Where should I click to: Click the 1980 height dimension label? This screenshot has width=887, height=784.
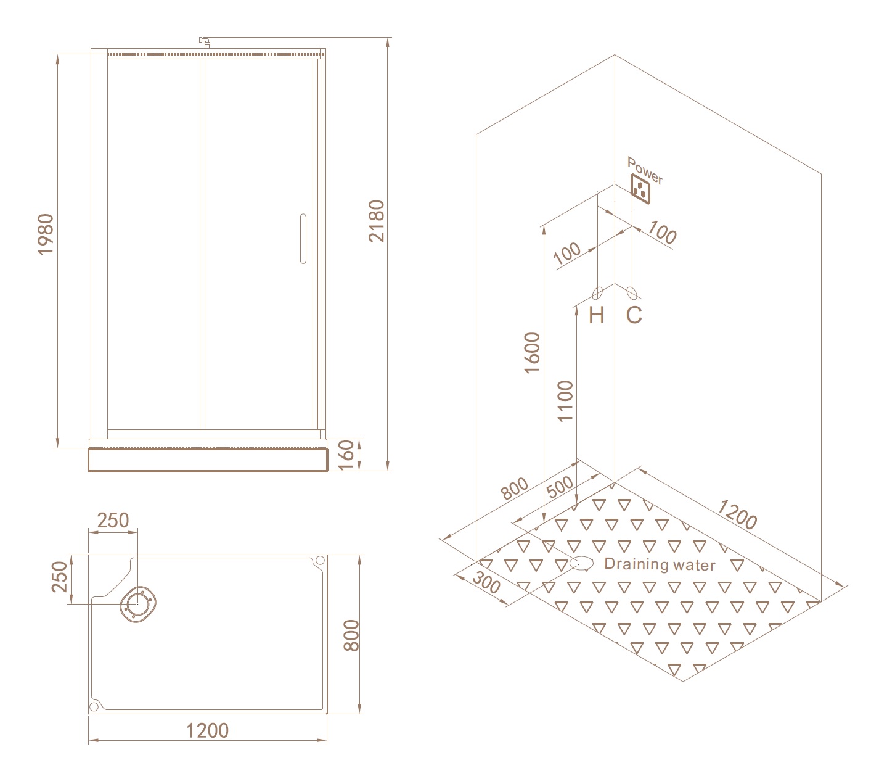tap(46, 234)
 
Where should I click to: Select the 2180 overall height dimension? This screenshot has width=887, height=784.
tap(376, 221)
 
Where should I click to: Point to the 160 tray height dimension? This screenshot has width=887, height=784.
tap(346, 455)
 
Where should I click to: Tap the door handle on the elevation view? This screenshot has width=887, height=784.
tap(303, 239)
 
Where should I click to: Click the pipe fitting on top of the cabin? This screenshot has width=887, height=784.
tap(205, 42)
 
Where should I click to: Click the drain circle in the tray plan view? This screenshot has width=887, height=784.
tap(138, 604)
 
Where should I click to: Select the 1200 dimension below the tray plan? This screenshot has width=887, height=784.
tap(208, 730)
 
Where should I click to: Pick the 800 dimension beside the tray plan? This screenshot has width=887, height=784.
tap(351, 635)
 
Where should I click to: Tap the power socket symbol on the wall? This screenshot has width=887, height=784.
tap(640, 189)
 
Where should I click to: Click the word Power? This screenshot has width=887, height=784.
tap(645, 170)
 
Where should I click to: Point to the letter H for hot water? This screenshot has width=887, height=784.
tap(596, 315)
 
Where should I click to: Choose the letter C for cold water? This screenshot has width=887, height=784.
tap(634, 315)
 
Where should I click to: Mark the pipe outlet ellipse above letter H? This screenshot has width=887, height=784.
tap(597, 293)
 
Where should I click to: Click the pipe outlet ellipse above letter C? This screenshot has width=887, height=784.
tap(632, 293)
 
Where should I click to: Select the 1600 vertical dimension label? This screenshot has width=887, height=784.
tap(533, 353)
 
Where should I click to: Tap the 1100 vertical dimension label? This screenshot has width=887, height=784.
tap(565, 401)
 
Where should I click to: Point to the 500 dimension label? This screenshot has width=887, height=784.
tap(560, 487)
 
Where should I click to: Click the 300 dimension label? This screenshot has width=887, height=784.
tap(486, 582)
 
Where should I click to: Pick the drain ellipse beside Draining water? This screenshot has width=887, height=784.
tap(582, 563)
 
